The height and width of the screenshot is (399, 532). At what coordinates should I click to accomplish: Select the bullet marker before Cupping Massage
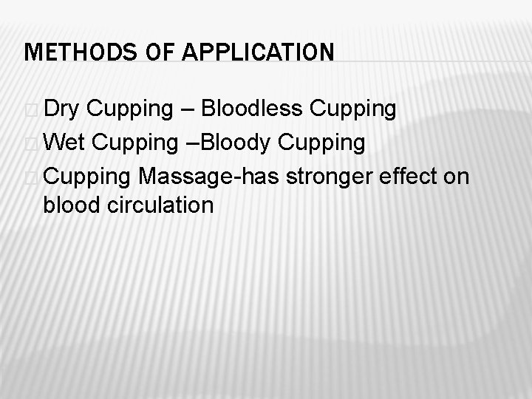[x=29, y=175]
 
